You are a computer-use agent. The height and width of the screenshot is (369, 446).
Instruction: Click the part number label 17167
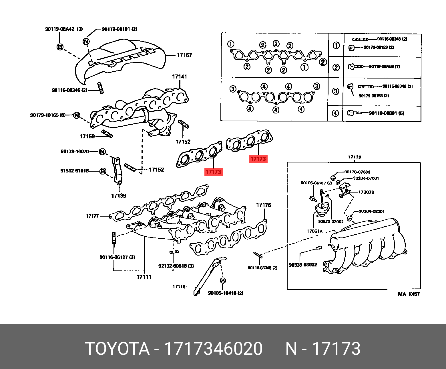(x=184, y=55)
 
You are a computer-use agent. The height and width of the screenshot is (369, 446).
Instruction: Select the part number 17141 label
(x=180, y=76)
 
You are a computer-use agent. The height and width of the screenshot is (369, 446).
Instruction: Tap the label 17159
(x=87, y=136)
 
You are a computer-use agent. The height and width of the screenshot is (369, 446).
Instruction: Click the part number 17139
(x=119, y=196)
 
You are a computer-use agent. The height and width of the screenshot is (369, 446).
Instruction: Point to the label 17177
(x=92, y=216)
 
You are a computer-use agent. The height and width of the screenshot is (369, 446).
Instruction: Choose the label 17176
(x=264, y=205)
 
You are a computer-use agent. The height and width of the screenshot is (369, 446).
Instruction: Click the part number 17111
(x=144, y=277)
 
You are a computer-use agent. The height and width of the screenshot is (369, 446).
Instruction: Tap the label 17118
(x=179, y=286)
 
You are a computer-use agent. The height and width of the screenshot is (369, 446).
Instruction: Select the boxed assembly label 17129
(x=355, y=157)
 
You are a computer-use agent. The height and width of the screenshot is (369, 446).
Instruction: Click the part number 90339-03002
(x=303, y=265)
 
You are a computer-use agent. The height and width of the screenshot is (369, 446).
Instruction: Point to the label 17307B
(x=366, y=192)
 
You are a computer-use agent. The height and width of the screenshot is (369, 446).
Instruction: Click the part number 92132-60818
(x=173, y=266)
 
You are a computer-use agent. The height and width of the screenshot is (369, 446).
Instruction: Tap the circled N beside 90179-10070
(x=102, y=152)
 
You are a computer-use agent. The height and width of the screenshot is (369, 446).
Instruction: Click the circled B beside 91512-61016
(x=103, y=171)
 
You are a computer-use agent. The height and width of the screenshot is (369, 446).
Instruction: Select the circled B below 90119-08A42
(x=60, y=47)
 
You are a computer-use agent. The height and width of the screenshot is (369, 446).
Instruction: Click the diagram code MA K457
(x=409, y=294)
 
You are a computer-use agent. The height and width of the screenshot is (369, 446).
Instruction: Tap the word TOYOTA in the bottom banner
(x=118, y=349)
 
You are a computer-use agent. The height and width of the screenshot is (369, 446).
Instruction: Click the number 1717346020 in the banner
(x=213, y=349)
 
